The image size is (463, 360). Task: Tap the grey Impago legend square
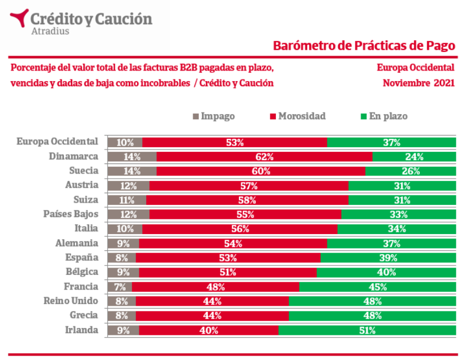click(196, 116)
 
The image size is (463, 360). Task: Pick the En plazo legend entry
click(384, 116)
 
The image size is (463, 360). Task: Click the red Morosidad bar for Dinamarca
click(264, 157)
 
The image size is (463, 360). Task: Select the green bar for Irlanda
click(367, 330)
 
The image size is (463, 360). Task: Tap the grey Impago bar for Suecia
click(132, 171)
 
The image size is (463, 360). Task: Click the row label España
click(82, 258)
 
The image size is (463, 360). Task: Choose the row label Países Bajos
click(71, 214)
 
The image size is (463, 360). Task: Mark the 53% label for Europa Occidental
click(235, 143)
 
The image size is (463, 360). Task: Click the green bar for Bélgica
click(386, 273)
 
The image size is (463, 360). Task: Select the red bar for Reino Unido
click(212, 301)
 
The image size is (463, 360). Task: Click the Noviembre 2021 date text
click(418, 83)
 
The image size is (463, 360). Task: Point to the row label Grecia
click(83, 315)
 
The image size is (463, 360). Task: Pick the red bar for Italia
click(240, 229)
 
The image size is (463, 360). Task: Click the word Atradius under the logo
click(50, 31)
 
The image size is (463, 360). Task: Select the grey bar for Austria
click(128, 186)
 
